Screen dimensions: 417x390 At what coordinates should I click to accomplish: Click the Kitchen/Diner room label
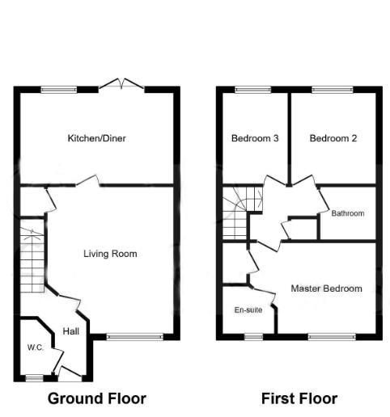[96, 138]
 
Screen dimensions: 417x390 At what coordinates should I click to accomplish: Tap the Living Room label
[110, 254]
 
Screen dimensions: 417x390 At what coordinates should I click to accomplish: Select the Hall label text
[70, 331]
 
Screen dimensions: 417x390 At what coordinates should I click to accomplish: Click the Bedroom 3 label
[255, 138]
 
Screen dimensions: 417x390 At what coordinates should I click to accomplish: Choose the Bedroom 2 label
[333, 138]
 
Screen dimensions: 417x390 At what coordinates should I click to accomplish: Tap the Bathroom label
[347, 213]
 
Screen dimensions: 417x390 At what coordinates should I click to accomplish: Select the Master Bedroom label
[327, 289]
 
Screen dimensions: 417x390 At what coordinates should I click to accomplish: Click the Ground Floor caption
[97, 398]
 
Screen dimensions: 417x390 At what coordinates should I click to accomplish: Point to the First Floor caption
[299, 398]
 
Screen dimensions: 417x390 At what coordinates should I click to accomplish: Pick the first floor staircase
[242, 211]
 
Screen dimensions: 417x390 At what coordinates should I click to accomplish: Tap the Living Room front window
[129, 335]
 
